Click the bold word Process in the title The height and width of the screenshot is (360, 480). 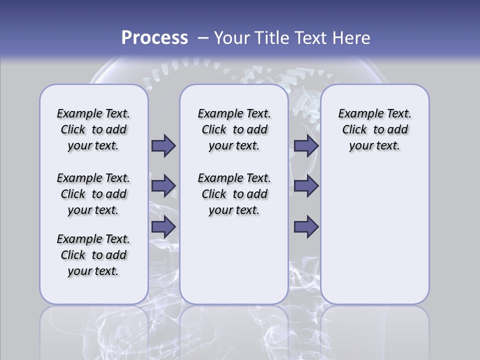154,38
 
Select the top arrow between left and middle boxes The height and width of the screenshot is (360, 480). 163,145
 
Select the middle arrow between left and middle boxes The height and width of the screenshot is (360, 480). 163,186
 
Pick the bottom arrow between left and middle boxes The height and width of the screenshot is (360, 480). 163,226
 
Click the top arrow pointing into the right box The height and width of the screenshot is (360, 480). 306,145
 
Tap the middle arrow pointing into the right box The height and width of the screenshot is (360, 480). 306,186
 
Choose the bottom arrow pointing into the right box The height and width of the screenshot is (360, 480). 306,226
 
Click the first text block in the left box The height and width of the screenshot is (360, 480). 93,129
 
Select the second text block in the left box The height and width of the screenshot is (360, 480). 93,194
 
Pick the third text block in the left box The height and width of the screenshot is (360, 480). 93,255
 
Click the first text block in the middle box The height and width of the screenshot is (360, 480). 234,129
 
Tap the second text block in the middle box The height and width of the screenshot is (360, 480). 234,194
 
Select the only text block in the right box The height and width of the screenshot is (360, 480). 375,129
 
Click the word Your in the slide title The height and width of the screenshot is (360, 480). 232,38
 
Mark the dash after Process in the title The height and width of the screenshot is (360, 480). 203,38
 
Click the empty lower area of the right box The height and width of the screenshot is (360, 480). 375,235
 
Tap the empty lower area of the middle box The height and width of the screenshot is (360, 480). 234,260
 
